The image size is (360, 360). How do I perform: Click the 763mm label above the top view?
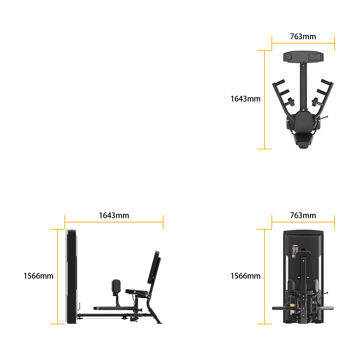303,36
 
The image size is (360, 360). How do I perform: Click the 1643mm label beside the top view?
245,99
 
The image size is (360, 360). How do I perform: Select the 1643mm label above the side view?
114,215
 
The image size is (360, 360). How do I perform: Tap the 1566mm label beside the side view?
39,276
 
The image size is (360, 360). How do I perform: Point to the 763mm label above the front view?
303,215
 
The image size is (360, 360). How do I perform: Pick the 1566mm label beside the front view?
245,276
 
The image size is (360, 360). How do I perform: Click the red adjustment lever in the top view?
324,118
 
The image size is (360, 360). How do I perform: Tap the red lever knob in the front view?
327,293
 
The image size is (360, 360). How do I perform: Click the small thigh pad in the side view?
116,286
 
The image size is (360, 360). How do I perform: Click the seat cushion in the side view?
136,292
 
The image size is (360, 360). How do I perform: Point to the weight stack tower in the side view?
71,276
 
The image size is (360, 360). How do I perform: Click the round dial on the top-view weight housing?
289,57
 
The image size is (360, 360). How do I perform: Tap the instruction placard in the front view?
295,251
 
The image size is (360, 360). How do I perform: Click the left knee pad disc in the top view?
291,102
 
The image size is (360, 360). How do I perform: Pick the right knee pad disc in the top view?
315,102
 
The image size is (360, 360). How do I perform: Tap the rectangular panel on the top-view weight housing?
314,57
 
